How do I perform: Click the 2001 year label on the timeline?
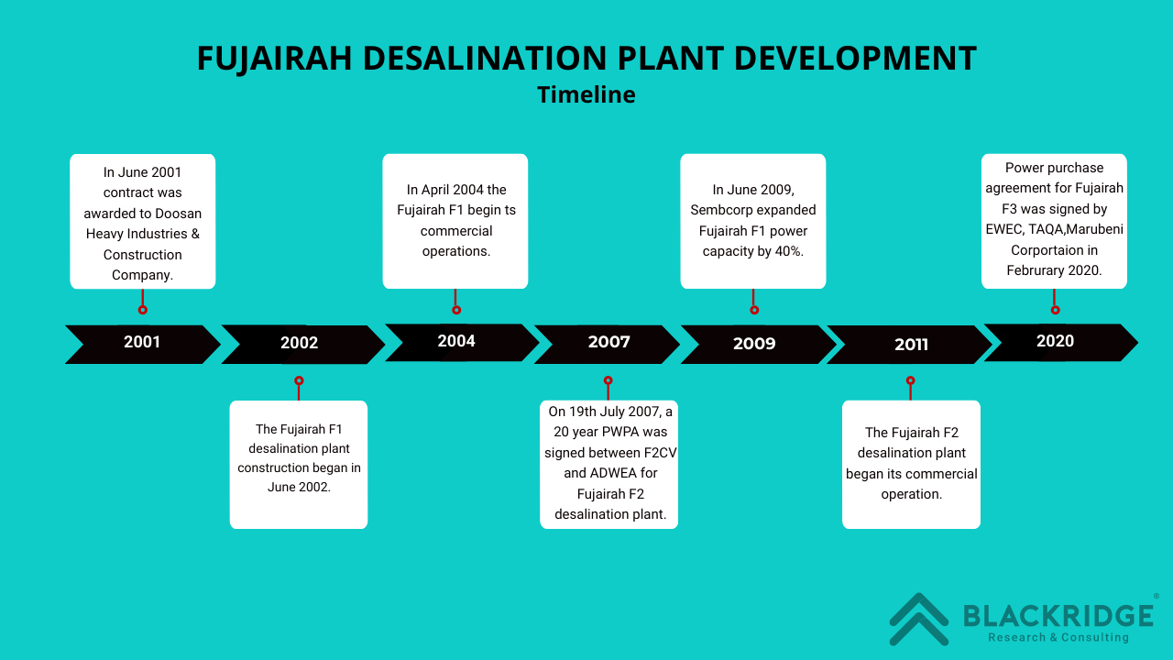(142, 342)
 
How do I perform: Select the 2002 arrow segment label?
(299, 343)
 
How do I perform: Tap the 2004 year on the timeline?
(456, 341)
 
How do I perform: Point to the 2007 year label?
(608, 342)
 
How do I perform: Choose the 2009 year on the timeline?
(754, 344)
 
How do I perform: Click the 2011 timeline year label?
(911, 345)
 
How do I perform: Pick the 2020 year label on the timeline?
(1055, 341)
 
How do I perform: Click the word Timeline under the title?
(586, 94)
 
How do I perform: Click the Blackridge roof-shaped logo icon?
(919, 619)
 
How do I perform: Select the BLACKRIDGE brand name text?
(1058, 615)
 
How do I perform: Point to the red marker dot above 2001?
(142, 310)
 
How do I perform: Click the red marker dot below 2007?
(608, 380)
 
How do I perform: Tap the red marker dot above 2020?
(1055, 310)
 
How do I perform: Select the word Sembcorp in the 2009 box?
(716, 210)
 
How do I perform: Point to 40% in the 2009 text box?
(789, 251)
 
